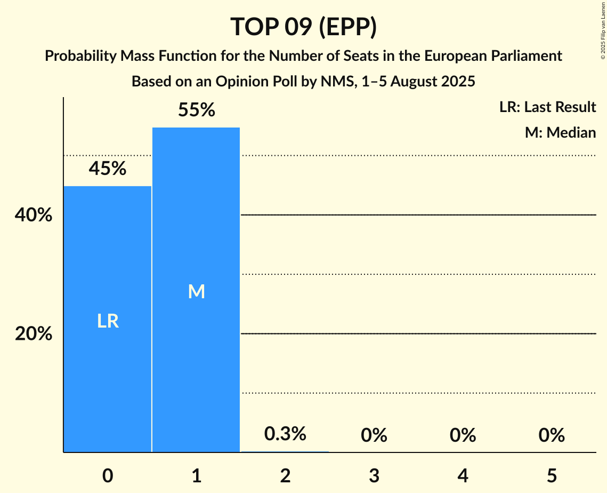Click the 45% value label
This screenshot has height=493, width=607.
click(108, 169)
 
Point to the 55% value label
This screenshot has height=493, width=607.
click(196, 110)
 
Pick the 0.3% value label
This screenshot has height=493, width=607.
click(285, 434)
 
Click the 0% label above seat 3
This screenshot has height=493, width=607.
click(374, 435)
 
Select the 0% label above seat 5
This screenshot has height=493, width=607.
click(551, 435)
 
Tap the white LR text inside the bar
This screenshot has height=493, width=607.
click(108, 321)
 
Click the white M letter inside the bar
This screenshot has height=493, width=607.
click(196, 291)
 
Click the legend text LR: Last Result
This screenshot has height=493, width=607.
click(547, 107)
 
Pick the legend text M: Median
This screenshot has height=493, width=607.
click(560, 132)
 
